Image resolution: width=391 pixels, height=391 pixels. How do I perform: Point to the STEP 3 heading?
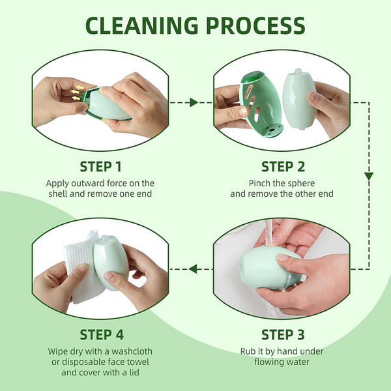coord(282,335)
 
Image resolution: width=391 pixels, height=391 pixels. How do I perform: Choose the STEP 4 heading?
coord(101,335)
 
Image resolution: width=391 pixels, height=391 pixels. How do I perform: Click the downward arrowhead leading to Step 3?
coord(368,176)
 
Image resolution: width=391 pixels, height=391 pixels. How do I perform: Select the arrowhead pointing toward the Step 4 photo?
coord(193,268)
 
